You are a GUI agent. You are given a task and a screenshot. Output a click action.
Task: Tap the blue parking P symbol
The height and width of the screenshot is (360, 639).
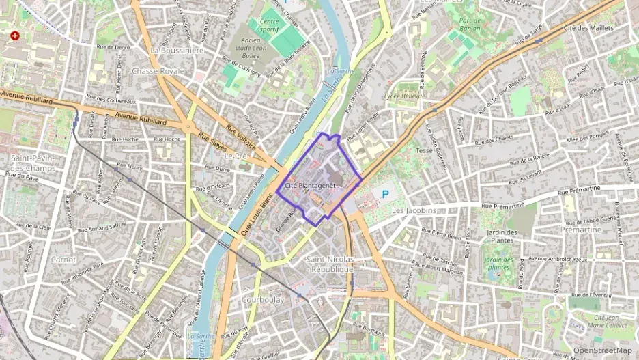385,195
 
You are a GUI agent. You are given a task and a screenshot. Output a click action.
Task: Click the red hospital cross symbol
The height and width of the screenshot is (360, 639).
15,36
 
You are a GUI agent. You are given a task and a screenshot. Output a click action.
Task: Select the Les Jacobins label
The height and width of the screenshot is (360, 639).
414,211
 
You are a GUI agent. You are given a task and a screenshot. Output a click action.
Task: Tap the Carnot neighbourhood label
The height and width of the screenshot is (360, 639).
63,260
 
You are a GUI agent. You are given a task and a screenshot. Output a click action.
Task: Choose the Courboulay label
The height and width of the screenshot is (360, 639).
263,299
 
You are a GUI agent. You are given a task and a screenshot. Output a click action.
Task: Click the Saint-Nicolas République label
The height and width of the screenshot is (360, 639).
330,264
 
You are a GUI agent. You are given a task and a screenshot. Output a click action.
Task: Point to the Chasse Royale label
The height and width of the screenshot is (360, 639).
158,70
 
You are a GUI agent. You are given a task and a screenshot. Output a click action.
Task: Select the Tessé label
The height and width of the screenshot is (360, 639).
424,150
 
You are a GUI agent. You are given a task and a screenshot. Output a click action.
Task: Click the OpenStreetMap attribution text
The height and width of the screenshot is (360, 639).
603,351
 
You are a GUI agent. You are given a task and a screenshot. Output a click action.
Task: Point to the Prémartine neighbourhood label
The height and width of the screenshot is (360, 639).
580,230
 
